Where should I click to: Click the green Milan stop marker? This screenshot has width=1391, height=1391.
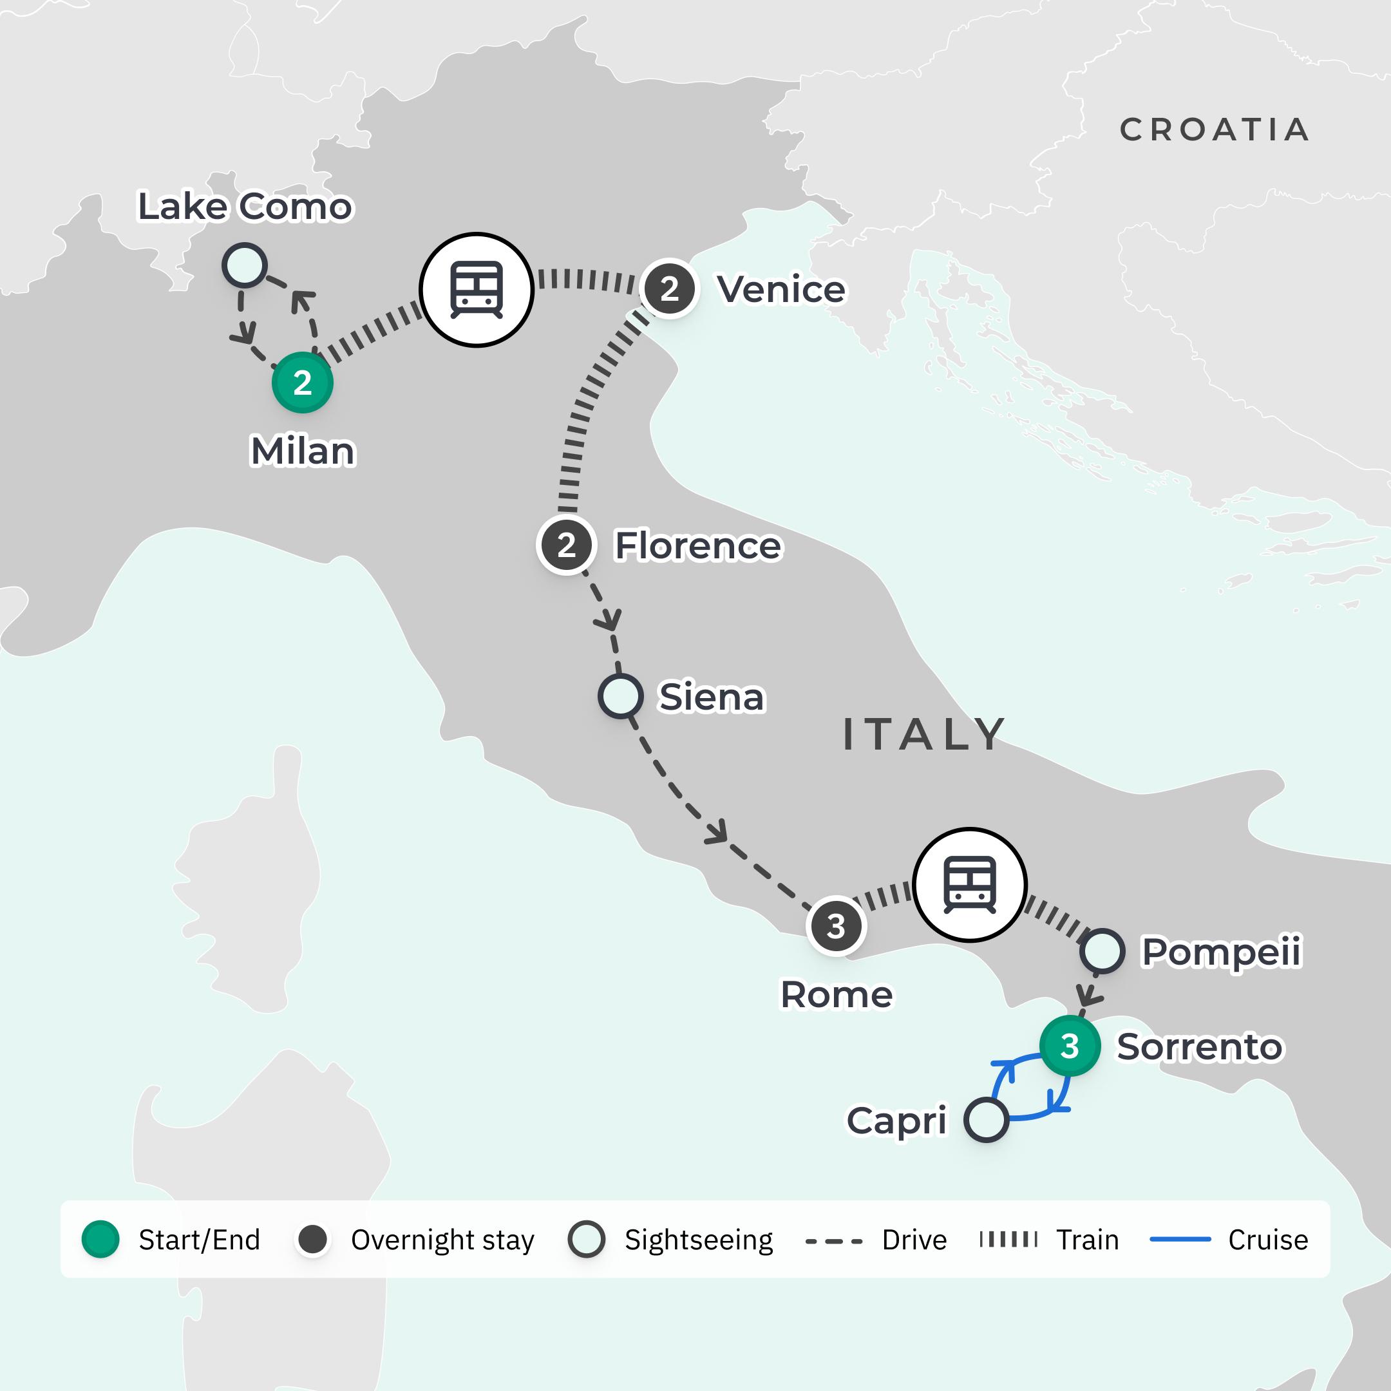click(303, 383)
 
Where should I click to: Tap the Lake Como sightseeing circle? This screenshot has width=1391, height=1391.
click(245, 265)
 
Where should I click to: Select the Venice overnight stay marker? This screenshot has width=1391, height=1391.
click(670, 289)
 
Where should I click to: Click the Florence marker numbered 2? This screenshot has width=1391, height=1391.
click(567, 545)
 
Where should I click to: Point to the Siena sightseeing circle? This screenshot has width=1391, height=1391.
click(620, 695)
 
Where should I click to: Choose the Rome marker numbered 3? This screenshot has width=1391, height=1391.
click(835, 927)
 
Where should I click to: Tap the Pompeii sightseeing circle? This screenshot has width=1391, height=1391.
click(1102, 951)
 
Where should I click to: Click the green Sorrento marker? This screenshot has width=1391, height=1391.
click(1069, 1045)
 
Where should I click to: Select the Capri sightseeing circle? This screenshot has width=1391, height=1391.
click(986, 1120)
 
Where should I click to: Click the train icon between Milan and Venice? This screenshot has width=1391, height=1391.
click(476, 289)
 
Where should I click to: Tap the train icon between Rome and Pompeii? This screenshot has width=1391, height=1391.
click(970, 884)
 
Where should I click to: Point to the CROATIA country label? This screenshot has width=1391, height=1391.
click(1215, 130)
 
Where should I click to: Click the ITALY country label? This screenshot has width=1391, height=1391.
click(923, 734)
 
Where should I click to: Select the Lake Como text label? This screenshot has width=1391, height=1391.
click(245, 207)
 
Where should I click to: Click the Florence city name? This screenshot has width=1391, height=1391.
click(697, 545)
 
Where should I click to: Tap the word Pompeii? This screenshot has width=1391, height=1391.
click(1222, 951)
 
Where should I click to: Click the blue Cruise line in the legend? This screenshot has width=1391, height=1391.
click(1180, 1239)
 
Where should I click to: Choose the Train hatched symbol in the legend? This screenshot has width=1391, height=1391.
click(1008, 1239)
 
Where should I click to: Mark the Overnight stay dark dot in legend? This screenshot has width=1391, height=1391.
click(312, 1239)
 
